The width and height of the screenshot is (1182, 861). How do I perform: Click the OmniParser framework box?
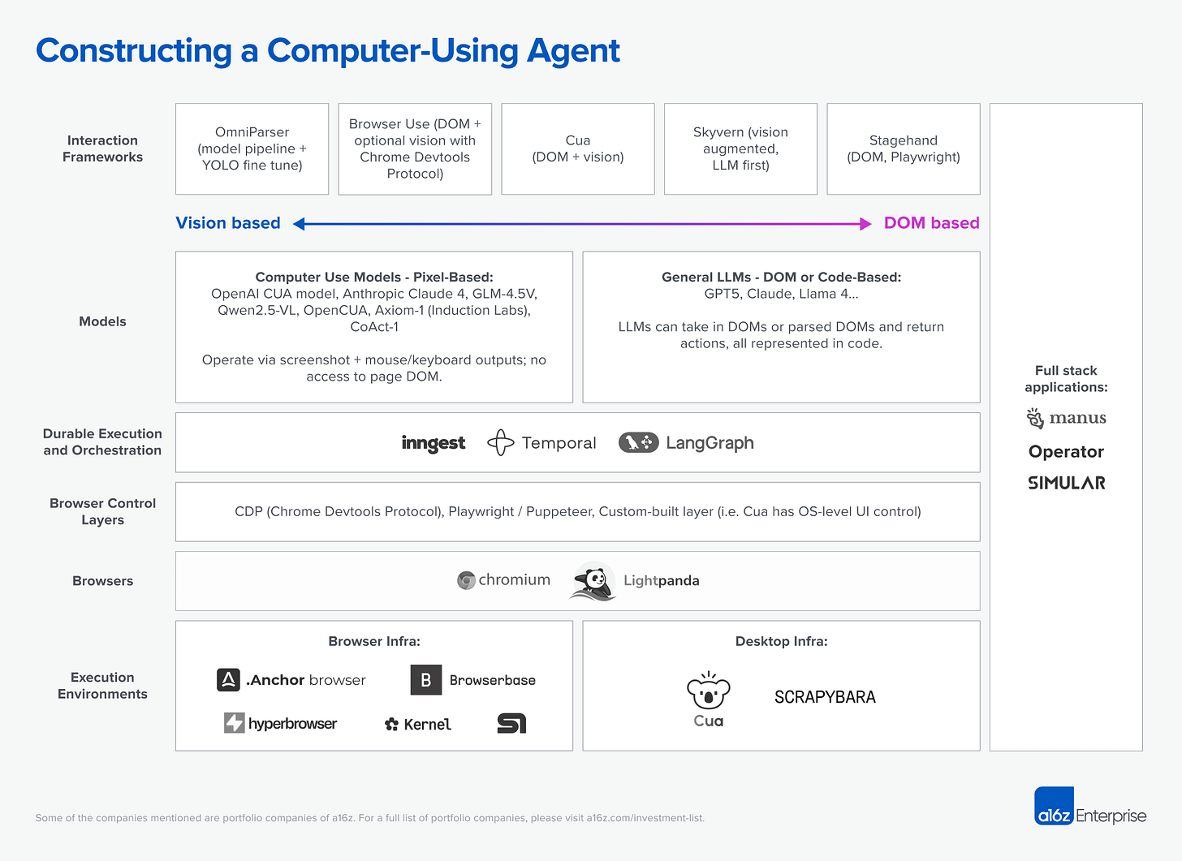pyautogui.click(x=252, y=149)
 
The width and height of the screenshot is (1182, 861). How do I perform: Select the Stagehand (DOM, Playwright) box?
pyautogui.click(x=903, y=149)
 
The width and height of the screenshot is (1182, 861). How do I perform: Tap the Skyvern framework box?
pyautogui.click(x=740, y=149)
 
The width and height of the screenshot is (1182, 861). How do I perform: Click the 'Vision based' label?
pyautogui.click(x=228, y=223)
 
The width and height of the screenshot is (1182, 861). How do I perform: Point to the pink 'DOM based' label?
pyautogui.click(x=931, y=223)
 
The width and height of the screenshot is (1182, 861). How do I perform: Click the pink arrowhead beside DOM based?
pyautogui.click(x=865, y=224)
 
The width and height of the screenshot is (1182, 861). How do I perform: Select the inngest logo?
pyautogui.click(x=434, y=443)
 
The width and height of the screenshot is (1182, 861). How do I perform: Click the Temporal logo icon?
pyautogui.click(x=501, y=443)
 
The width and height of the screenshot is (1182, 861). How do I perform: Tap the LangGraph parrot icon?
pyautogui.click(x=639, y=442)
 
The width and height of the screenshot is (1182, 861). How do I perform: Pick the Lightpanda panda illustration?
pyautogui.click(x=593, y=581)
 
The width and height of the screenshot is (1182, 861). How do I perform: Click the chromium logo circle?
pyautogui.click(x=466, y=580)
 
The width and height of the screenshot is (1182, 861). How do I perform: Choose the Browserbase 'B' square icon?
pyautogui.click(x=426, y=680)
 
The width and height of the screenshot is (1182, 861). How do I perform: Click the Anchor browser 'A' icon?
pyautogui.click(x=228, y=680)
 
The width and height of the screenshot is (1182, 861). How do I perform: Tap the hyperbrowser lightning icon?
pyautogui.click(x=234, y=723)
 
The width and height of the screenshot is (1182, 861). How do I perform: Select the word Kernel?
pyautogui.click(x=428, y=725)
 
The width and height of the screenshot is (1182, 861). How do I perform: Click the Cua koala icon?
pyautogui.click(x=708, y=691)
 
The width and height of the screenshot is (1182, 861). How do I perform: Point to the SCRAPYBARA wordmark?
pyautogui.click(x=825, y=697)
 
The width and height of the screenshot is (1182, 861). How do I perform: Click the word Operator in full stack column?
pyautogui.click(x=1066, y=452)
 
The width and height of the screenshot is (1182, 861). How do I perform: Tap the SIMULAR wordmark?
pyautogui.click(x=1066, y=483)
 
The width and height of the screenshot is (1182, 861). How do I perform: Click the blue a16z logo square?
pyautogui.click(x=1054, y=806)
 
